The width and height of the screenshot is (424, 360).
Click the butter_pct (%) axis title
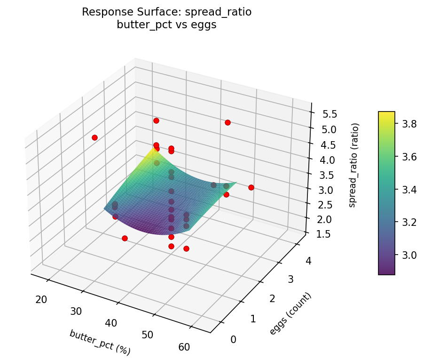[100, 342]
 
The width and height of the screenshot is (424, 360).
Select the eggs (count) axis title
[290, 314]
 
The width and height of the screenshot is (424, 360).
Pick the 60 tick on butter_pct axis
[184, 347]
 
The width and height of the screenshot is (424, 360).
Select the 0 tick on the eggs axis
[233, 339]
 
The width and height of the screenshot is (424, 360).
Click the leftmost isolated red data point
[94, 137]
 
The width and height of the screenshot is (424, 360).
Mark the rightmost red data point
[251, 187]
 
